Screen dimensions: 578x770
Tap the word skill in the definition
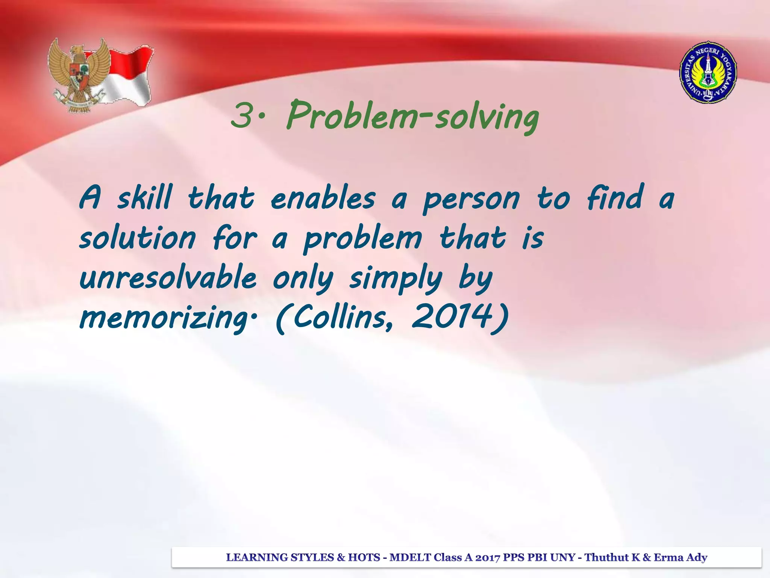[x=144, y=198]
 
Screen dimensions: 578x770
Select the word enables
[x=323, y=198]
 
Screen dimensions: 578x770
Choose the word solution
[x=138, y=238]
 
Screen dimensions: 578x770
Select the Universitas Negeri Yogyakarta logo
[x=708, y=73]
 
